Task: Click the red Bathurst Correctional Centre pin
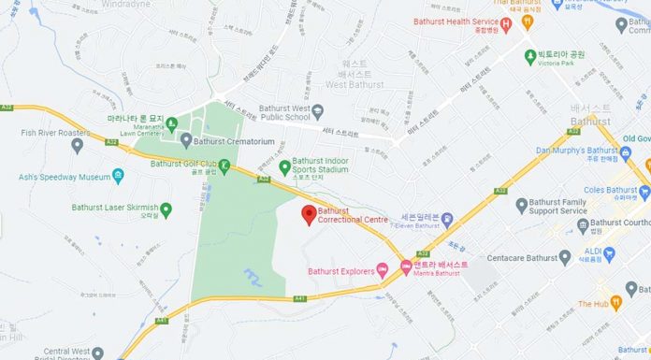click(307, 214)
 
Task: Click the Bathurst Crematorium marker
click(186, 140)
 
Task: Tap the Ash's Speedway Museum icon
click(118, 175)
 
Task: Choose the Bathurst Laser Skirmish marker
click(166, 208)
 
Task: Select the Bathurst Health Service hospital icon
click(506, 24)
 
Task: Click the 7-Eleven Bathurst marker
click(447, 220)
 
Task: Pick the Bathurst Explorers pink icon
click(382, 271)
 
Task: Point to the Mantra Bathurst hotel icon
click(405, 266)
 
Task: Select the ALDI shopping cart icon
click(609, 252)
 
